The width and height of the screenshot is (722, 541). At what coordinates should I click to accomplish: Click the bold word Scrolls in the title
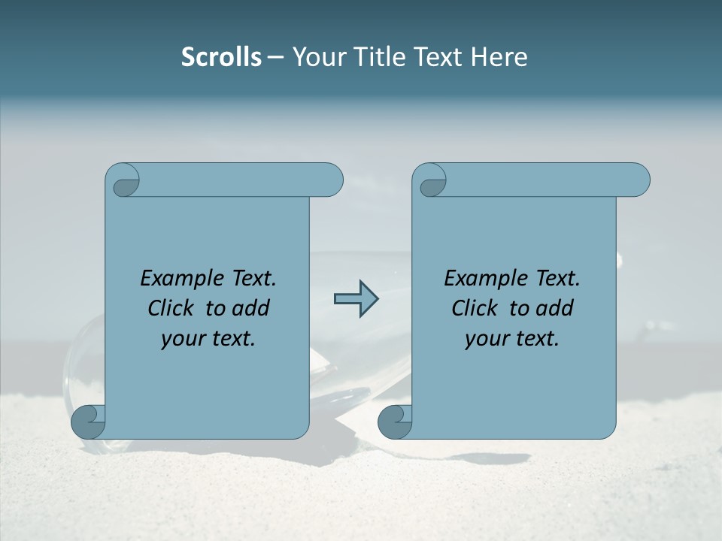click(x=221, y=57)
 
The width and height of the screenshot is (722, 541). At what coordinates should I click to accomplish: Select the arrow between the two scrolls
click(x=356, y=299)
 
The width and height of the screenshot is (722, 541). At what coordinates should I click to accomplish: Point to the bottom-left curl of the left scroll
click(x=87, y=422)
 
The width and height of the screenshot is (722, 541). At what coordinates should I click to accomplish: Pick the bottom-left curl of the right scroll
click(x=394, y=422)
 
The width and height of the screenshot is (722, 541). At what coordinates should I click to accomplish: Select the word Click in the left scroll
click(x=164, y=308)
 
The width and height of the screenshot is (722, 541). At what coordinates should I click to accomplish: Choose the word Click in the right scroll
click(x=468, y=308)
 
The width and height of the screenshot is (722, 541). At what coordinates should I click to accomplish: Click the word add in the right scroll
click(x=555, y=308)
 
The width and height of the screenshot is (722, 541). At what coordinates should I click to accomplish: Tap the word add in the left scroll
click(x=251, y=308)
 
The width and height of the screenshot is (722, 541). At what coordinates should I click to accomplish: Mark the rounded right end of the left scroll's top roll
click(x=332, y=180)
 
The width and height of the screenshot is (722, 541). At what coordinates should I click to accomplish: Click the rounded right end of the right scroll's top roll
click(x=639, y=180)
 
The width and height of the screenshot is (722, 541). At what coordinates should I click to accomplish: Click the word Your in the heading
click(x=314, y=57)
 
